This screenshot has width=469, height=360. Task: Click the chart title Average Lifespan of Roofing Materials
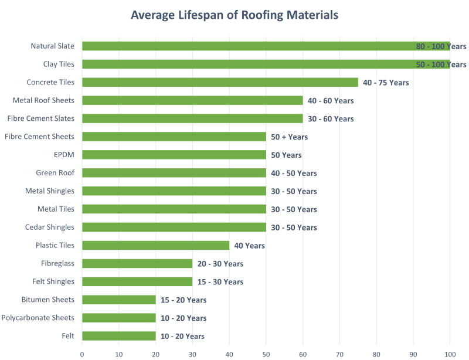tap(235, 15)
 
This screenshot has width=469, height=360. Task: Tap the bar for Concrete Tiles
tap(220, 82)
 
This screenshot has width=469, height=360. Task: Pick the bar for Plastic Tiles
tap(155, 245)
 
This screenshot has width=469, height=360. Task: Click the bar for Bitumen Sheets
tap(119, 300)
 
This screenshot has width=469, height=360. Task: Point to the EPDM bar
tap(174, 155)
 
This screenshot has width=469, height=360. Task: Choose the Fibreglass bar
tap(137, 263)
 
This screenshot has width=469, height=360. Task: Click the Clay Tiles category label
tap(59, 64)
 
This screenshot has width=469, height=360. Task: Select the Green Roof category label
tap(55, 173)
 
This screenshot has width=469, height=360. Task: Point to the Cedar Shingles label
tap(50, 227)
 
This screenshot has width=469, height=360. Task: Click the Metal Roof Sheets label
tap(43, 100)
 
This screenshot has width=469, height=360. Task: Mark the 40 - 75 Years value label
tap(386, 83)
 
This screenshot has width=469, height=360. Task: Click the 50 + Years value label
tap(289, 137)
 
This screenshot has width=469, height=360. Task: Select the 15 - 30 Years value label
tap(220, 282)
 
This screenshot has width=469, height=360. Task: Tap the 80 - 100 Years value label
tap(441, 46)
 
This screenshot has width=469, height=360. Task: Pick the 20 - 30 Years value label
tap(220, 264)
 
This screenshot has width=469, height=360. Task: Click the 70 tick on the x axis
tap(339, 354)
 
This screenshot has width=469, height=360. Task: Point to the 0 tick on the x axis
tap(82, 354)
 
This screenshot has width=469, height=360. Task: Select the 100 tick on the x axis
tap(450, 354)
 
